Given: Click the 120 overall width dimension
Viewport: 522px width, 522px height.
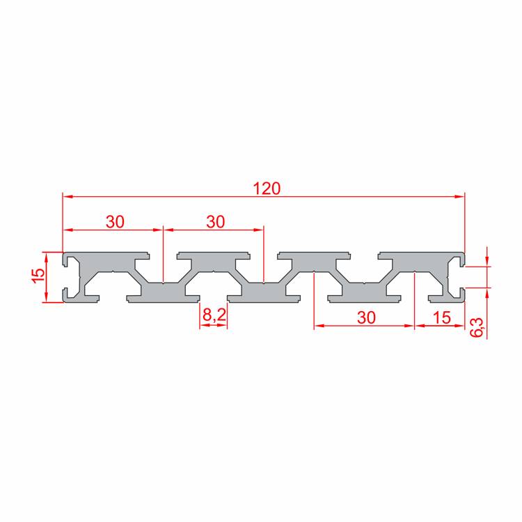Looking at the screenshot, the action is pyautogui.click(x=267, y=189).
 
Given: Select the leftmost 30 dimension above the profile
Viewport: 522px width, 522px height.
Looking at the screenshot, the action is pyautogui.click(x=115, y=222).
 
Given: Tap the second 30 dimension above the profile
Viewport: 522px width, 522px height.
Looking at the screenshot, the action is pyautogui.click(x=215, y=222).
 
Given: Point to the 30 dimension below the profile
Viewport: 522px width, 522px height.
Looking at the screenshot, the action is pyautogui.click(x=366, y=317).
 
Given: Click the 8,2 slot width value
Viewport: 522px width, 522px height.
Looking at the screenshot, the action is pyautogui.click(x=214, y=315).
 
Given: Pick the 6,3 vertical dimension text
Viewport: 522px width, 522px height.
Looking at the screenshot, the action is pyautogui.click(x=477, y=327).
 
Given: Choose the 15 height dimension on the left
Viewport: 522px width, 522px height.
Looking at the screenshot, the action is pyautogui.click(x=38, y=275).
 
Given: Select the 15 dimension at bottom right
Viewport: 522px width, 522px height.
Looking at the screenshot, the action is pyautogui.click(x=442, y=317).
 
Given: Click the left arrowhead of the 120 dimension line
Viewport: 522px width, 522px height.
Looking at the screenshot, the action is pyautogui.click(x=68, y=197).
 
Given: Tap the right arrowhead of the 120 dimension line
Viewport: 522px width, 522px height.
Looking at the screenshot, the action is pyautogui.click(x=460, y=197).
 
